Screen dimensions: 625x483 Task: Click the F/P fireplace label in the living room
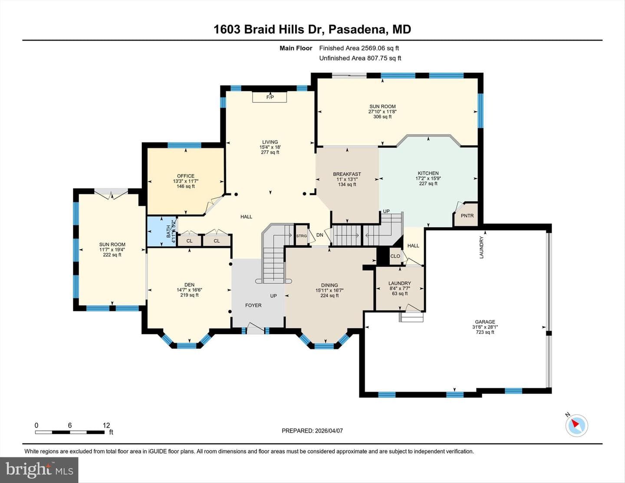(270, 97)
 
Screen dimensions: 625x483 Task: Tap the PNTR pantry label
(467, 215)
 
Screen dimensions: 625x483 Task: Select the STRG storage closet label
(301, 236)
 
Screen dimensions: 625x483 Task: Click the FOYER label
(253, 305)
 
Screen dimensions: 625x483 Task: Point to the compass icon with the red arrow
(576, 425)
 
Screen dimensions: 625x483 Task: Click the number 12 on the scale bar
(106, 425)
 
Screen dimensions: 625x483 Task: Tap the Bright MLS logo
(39, 470)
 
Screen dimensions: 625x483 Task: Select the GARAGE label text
(485, 322)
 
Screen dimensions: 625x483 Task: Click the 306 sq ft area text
(382, 116)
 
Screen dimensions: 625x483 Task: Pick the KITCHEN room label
(428, 173)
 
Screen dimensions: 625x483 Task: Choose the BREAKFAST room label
(347, 174)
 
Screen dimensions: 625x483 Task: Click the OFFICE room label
(185, 176)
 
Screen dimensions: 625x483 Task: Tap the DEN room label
(190, 285)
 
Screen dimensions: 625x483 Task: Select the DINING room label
(329, 285)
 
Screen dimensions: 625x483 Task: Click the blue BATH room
(161, 232)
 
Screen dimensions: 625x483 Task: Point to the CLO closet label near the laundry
(395, 256)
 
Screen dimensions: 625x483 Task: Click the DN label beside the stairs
(319, 235)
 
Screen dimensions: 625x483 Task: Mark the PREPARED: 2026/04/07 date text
(312, 430)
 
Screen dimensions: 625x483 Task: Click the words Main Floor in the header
(296, 48)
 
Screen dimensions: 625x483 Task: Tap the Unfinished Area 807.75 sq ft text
(360, 58)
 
